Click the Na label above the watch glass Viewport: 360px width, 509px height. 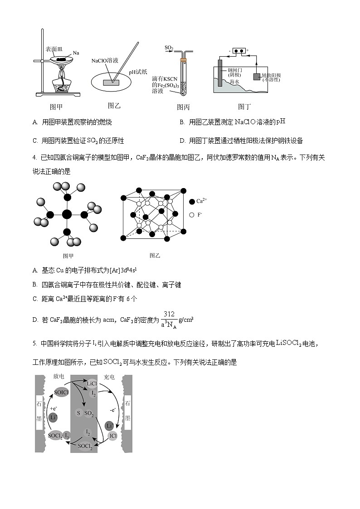(76, 53)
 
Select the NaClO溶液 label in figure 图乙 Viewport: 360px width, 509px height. (105, 60)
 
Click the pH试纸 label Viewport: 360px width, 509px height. (138, 72)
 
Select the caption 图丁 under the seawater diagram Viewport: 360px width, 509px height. (244, 107)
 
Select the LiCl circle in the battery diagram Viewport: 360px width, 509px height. (92, 383)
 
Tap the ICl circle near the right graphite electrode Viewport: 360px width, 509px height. (113, 436)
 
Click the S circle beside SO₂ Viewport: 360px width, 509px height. (78, 413)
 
